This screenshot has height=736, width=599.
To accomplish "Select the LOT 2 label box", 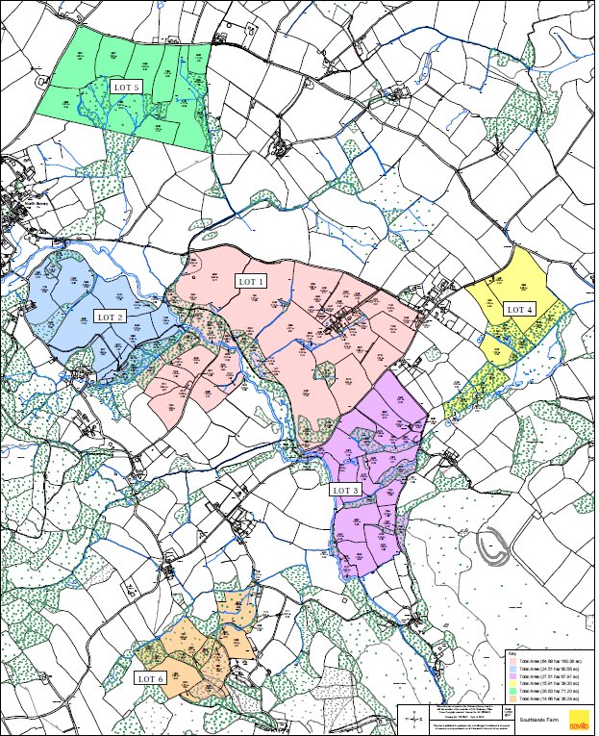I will [110, 317].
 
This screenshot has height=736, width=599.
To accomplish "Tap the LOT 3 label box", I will [345, 490].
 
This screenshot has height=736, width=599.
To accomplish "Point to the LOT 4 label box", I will [520, 309].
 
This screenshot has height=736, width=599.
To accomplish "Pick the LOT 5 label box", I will [127, 87].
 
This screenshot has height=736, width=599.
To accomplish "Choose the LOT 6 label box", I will [151, 678].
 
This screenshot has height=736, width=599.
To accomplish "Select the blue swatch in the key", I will [512, 669].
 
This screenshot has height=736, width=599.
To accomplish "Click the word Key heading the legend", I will [512, 654].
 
